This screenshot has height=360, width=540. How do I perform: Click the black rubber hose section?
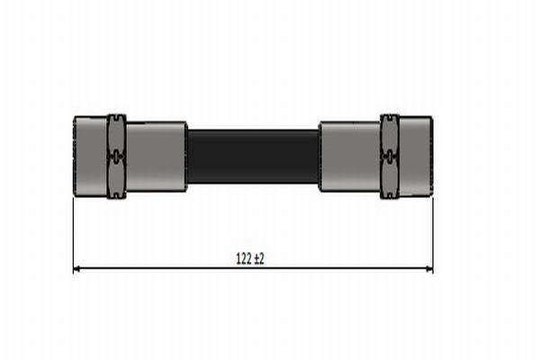(x=253, y=157)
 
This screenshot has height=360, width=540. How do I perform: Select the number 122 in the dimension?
(x=243, y=258)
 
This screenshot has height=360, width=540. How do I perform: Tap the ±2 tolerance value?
(x=259, y=258)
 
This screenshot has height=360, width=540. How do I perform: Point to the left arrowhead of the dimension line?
(x=76, y=268)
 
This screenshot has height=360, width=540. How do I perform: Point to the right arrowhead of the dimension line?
(x=428, y=268)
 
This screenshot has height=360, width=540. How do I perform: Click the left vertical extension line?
(x=73, y=234)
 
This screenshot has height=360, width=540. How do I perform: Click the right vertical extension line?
(x=433, y=234)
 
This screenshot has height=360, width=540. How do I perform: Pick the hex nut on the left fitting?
(x=116, y=156)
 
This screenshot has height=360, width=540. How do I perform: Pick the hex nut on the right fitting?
(x=389, y=156)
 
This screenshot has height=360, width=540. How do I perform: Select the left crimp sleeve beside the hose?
(x=156, y=157)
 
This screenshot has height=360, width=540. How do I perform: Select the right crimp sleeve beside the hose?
(x=349, y=157)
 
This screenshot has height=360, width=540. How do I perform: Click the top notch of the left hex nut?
(x=116, y=117)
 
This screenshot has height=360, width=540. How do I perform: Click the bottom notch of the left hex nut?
(x=116, y=194)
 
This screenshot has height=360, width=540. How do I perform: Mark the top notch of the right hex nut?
(x=389, y=117)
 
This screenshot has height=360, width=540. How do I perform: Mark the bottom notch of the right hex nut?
(x=389, y=194)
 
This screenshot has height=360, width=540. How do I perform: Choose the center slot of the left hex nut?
(x=116, y=156)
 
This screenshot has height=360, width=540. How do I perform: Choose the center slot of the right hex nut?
(x=389, y=156)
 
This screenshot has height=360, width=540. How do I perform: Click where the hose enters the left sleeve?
(x=187, y=157)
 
